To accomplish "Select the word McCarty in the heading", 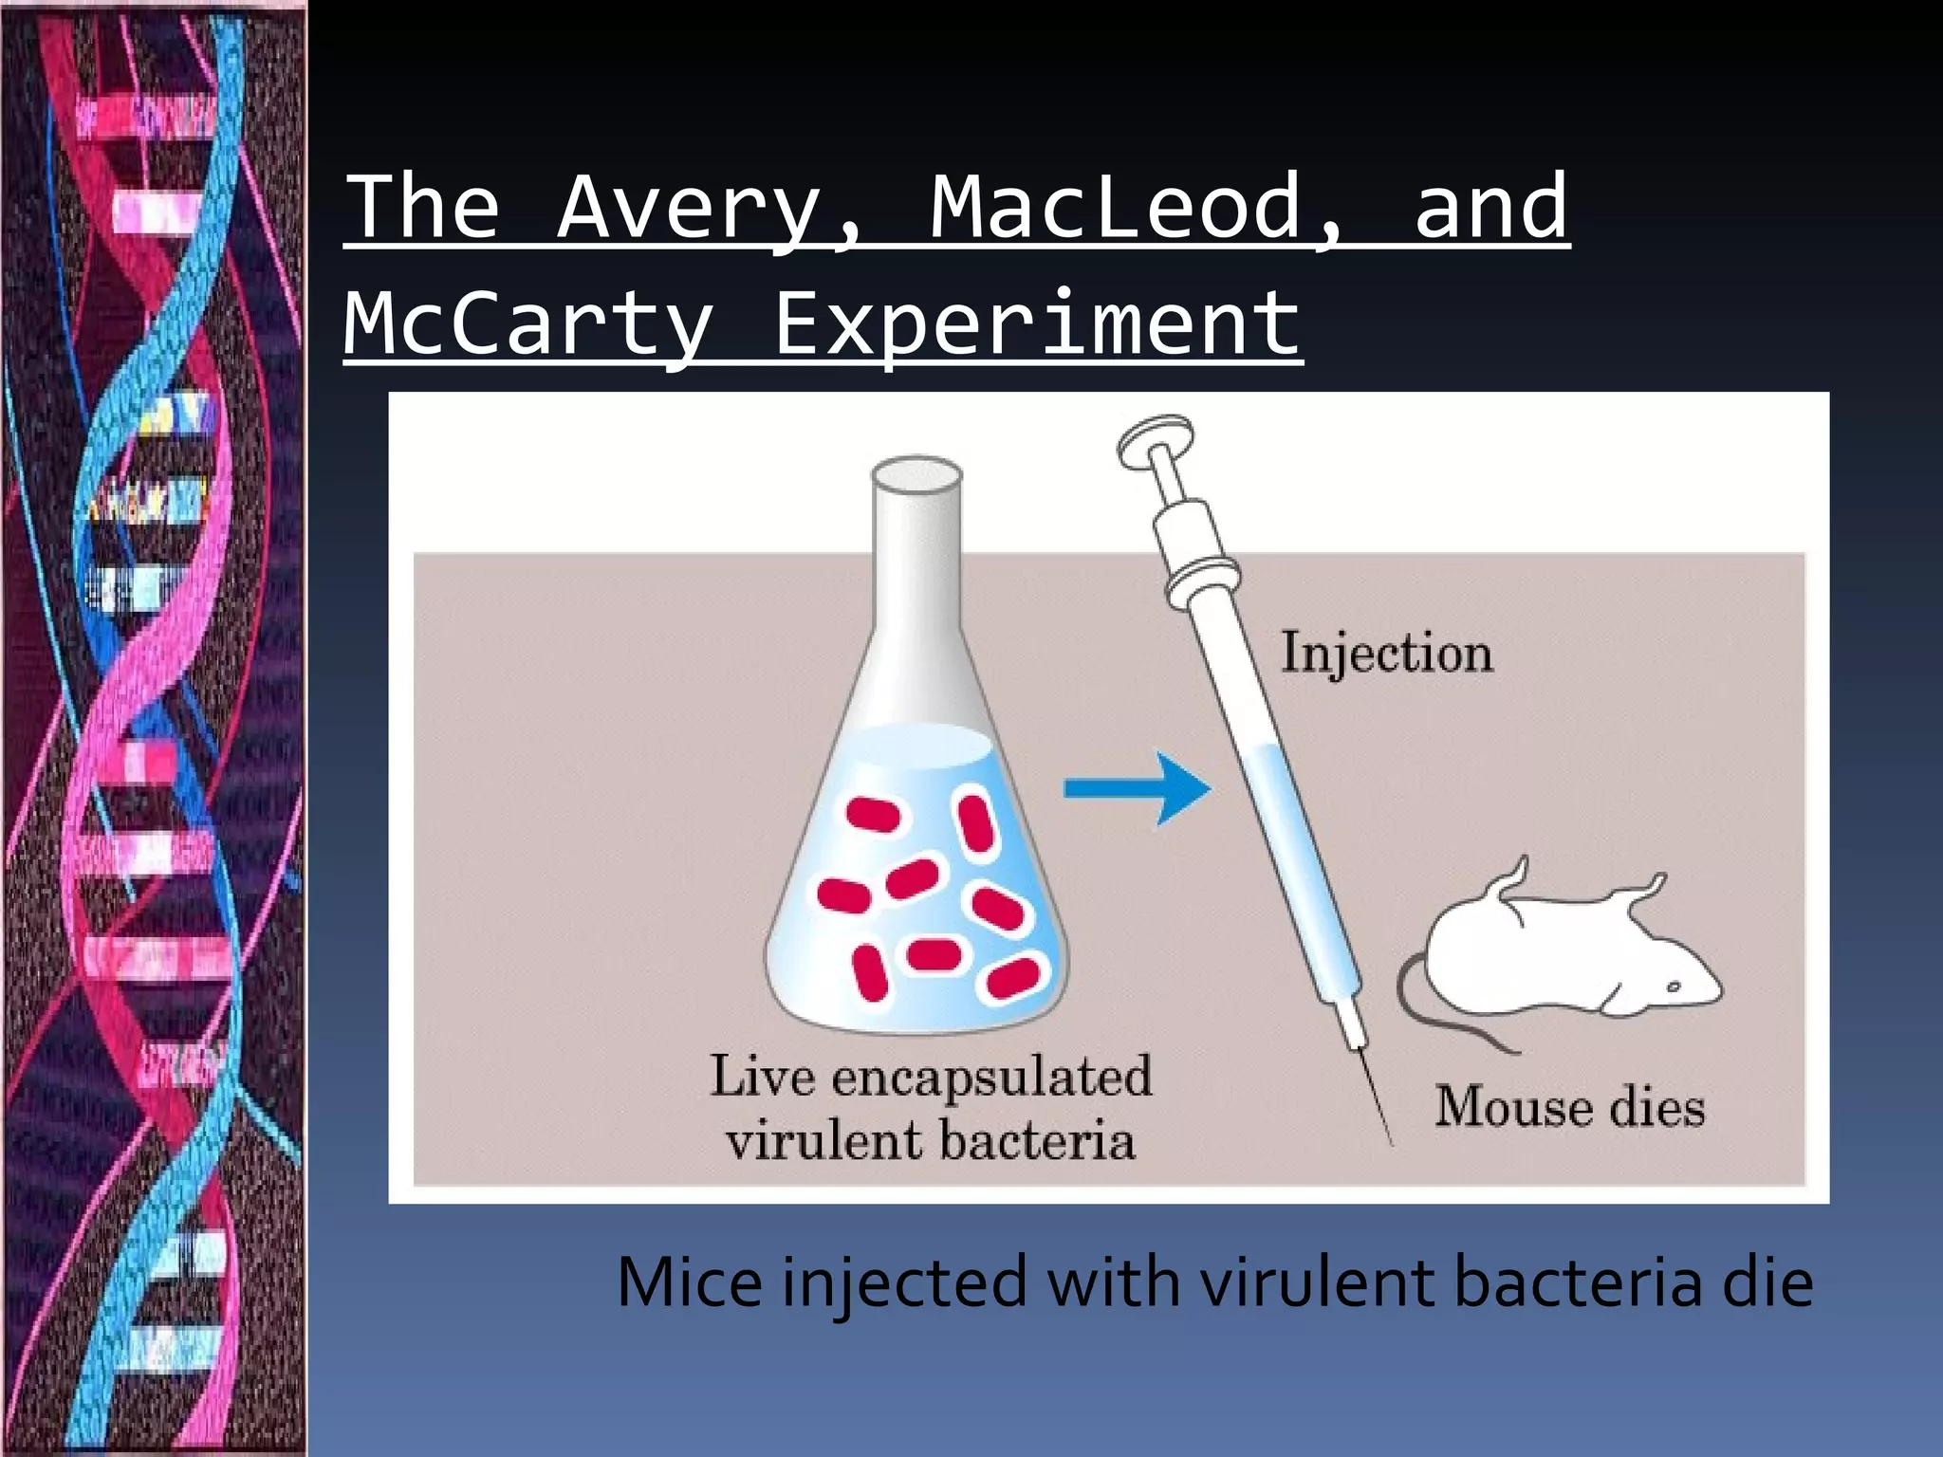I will click(528, 323).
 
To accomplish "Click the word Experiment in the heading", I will click(1037, 323).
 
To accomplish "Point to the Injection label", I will click(1387, 654).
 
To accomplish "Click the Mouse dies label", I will click(1569, 1107).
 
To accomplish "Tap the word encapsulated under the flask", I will click(991, 1078).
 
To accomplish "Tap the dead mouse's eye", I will click(1674, 987).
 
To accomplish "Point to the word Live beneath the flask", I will click(762, 1078).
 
